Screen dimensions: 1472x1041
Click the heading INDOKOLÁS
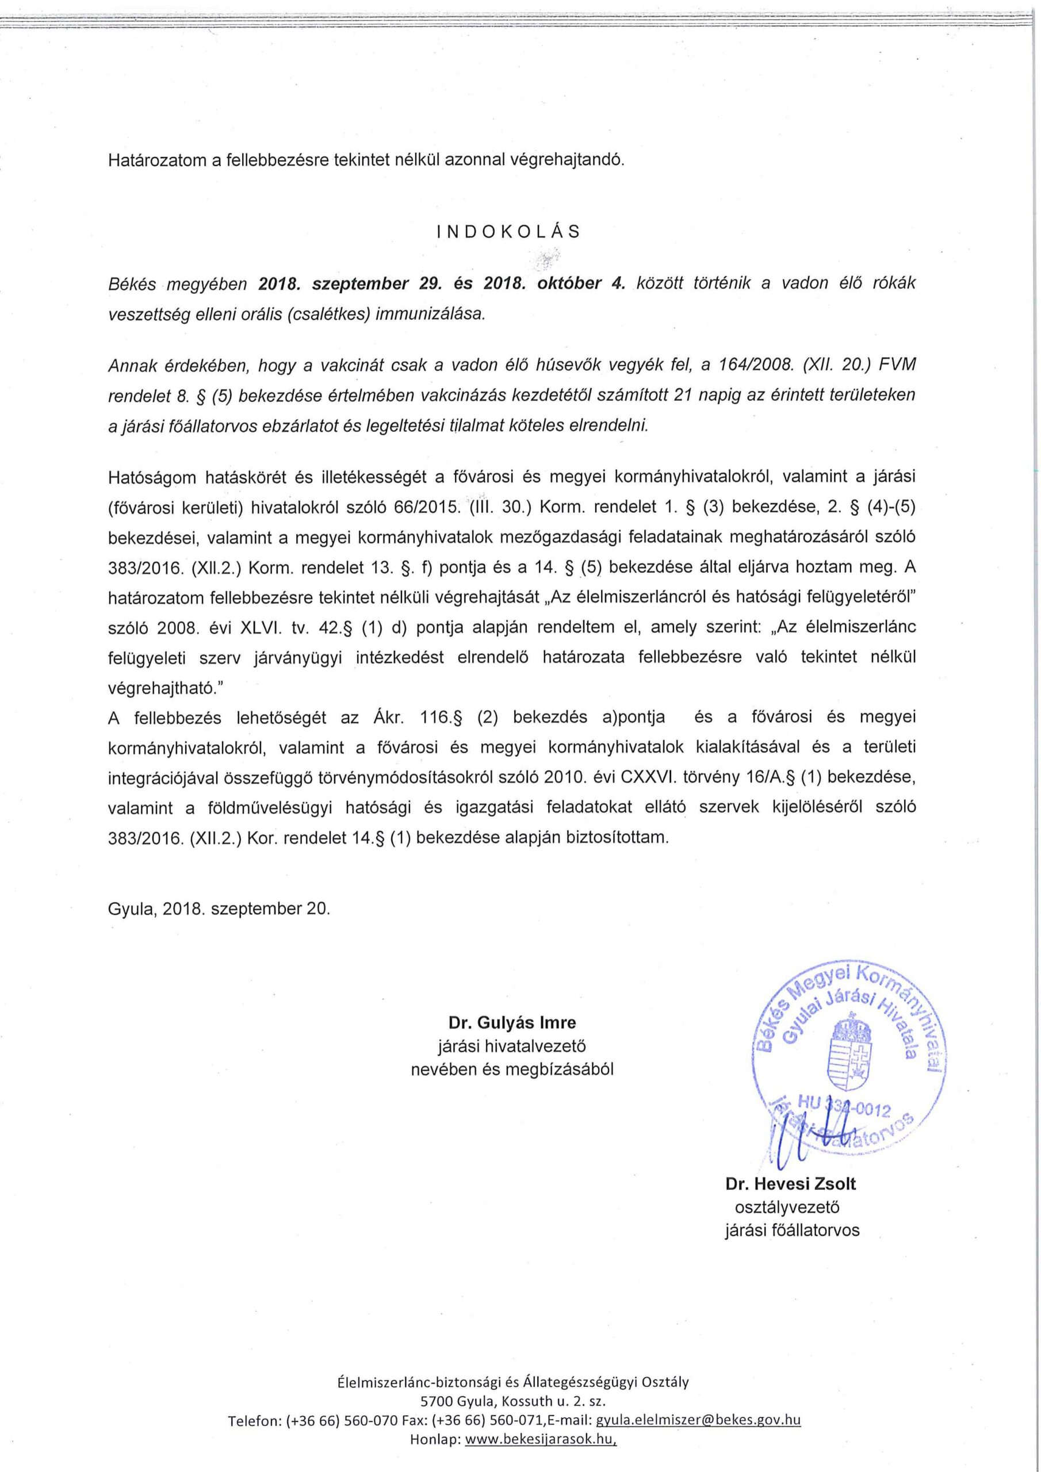pos(507,232)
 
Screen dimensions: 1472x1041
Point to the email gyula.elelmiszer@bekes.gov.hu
pos(698,1437)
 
